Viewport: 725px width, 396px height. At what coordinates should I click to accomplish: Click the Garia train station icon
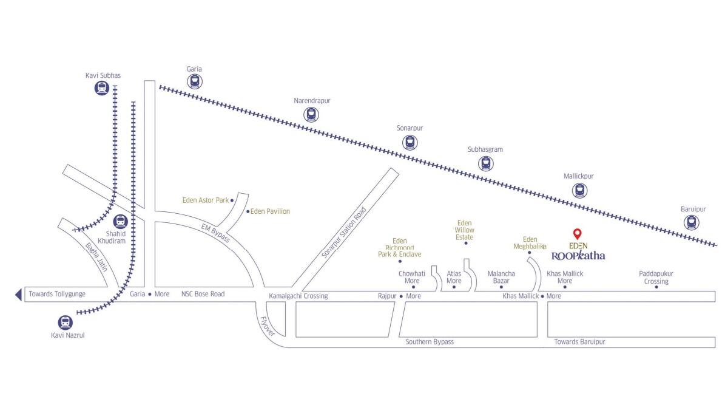(x=195, y=81)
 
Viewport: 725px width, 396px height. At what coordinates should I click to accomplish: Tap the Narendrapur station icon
(x=311, y=114)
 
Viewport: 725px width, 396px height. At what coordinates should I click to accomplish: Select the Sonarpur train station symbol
(x=410, y=142)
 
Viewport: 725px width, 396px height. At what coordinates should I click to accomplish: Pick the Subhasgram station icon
(x=485, y=163)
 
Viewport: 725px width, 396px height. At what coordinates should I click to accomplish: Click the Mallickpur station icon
(x=580, y=189)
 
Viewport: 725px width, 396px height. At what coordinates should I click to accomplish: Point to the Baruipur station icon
(x=691, y=222)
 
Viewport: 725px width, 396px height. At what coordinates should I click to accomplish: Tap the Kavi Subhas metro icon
(x=102, y=88)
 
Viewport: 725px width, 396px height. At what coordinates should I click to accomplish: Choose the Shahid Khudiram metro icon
(x=120, y=222)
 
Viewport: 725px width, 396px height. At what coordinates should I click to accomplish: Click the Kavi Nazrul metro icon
(x=65, y=322)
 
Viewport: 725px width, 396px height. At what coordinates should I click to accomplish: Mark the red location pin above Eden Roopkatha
(x=577, y=234)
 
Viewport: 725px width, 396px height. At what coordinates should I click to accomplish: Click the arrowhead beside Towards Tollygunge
(x=18, y=294)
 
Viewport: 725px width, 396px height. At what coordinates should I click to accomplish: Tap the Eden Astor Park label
(x=206, y=200)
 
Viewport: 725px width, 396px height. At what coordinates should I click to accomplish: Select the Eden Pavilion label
(x=270, y=211)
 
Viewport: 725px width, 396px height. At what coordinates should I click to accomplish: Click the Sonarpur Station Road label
(x=344, y=232)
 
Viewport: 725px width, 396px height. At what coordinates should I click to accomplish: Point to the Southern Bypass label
(x=430, y=342)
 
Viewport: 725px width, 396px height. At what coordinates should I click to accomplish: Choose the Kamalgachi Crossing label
(x=298, y=296)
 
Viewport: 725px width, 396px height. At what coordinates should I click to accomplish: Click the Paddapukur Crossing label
(x=656, y=278)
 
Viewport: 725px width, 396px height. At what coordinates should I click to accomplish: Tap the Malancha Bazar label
(x=501, y=277)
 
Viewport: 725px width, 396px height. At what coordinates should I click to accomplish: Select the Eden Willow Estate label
(x=464, y=230)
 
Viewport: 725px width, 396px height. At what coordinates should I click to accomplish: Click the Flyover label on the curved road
(x=268, y=326)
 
